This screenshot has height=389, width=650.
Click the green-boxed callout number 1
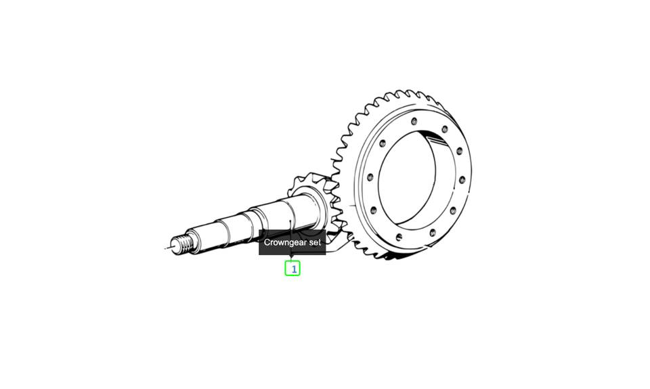[292, 269]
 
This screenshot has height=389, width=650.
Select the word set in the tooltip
[313, 242]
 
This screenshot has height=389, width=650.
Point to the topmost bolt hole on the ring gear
[414, 121]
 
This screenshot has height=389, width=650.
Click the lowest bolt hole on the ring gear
[399, 237]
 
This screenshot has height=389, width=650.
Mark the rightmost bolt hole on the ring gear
[462, 180]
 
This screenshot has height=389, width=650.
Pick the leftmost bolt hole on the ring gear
[370, 177]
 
